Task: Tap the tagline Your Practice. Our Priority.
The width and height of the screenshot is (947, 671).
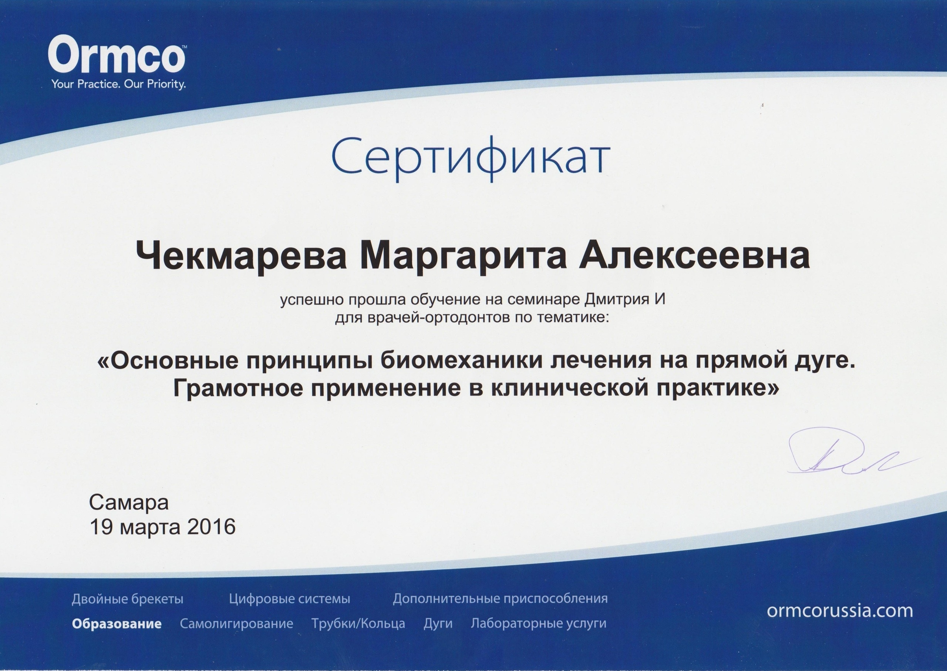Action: (118, 85)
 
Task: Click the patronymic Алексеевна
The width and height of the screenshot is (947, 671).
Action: (694, 256)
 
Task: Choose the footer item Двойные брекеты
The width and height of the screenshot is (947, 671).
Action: (127, 599)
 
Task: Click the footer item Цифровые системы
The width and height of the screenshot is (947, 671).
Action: (290, 599)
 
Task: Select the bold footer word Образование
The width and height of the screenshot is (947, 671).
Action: (117, 624)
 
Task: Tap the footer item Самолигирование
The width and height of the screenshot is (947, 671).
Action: (236, 624)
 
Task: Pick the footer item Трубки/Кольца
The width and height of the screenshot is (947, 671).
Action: (358, 624)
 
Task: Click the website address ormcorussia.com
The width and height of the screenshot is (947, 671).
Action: (840, 611)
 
